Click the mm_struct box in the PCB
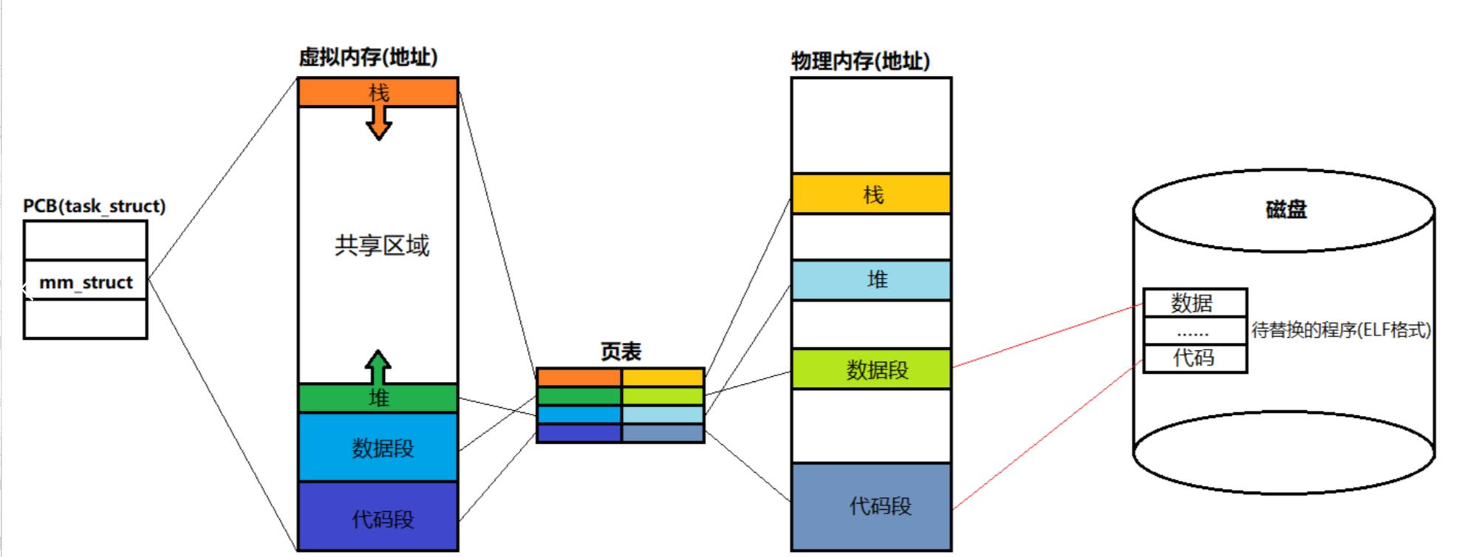pyautogui.click(x=86, y=281)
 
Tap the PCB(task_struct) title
pyautogui.click(x=94, y=206)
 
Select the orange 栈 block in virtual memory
pyautogui.click(x=378, y=92)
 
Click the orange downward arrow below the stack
pyautogui.click(x=379, y=123)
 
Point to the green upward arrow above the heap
pyautogui.click(x=378, y=366)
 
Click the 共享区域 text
pyautogui.click(x=381, y=245)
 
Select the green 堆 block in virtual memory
pyautogui.click(x=378, y=398)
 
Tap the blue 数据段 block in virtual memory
pyautogui.click(x=378, y=448)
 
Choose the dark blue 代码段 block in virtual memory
pyautogui.click(x=378, y=518)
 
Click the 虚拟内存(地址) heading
pyautogui.click(x=368, y=57)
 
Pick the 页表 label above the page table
pyautogui.click(x=621, y=352)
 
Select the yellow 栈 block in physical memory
pyautogui.click(x=872, y=194)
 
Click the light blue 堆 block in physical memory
pyautogui.click(x=872, y=280)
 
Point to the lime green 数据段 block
pyautogui.click(x=872, y=369)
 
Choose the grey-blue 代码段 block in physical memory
pyautogui.click(x=872, y=506)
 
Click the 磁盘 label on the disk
pyautogui.click(x=1285, y=210)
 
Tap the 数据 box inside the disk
pyautogui.click(x=1194, y=303)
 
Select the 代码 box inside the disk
pyautogui.click(x=1194, y=358)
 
